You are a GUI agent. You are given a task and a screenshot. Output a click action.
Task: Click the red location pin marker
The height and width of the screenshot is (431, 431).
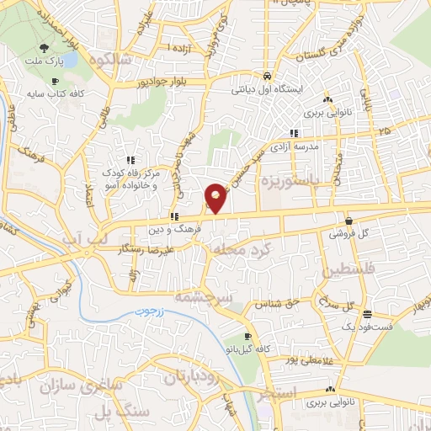(216, 197)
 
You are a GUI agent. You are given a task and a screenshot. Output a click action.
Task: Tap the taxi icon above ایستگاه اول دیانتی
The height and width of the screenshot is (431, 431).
(268, 73)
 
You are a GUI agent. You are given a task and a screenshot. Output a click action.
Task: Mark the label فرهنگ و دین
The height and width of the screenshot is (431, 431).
(175, 228)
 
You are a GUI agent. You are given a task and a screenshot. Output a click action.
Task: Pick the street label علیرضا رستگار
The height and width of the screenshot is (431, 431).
(146, 250)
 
